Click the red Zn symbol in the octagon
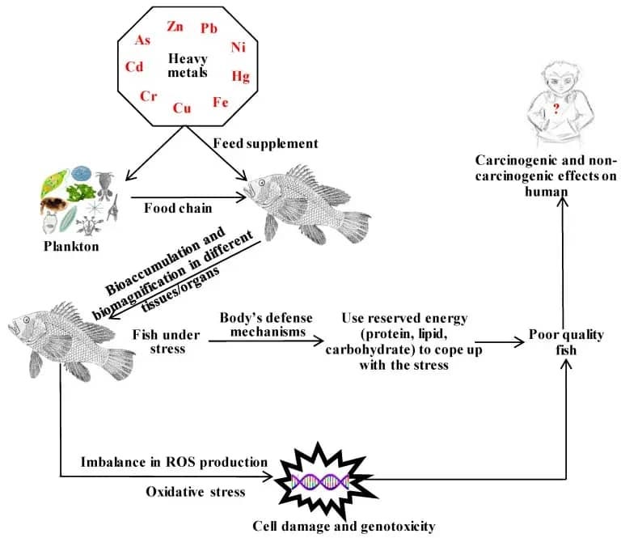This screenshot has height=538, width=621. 175,26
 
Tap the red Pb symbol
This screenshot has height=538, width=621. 209,28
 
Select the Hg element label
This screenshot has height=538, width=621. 241,76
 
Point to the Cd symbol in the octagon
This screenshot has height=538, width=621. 134,66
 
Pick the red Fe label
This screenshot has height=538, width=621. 221,102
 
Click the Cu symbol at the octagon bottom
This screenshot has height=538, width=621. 182,108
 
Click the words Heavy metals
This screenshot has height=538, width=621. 188,66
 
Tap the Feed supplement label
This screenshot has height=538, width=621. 265,143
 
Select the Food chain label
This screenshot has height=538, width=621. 178,208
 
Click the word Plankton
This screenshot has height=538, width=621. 71,247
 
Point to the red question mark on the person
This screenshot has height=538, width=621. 556,108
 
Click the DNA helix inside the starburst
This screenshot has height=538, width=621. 320,481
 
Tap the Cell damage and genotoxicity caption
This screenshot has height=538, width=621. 344,527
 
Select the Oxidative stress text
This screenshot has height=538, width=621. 196,492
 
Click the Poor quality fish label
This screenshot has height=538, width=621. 566,342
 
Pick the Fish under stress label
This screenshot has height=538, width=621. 167,341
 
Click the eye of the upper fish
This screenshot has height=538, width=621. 262,183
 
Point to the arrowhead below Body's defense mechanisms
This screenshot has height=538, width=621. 319,341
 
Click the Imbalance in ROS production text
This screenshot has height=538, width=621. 175,462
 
